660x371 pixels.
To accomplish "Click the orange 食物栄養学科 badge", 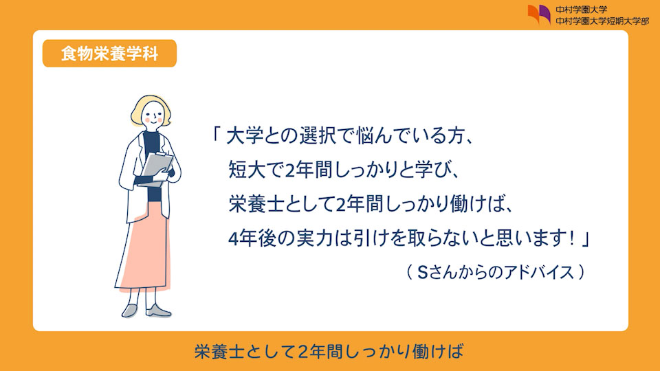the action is (109, 54).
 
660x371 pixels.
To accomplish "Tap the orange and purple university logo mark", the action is (539, 14).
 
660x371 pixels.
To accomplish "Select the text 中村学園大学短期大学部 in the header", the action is (602, 21).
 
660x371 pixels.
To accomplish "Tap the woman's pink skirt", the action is (145, 248).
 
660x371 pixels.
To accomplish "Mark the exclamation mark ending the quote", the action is (571, 239).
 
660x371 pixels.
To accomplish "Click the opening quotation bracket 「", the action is (216, 134).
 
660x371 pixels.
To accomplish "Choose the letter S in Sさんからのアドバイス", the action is (422, 273).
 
